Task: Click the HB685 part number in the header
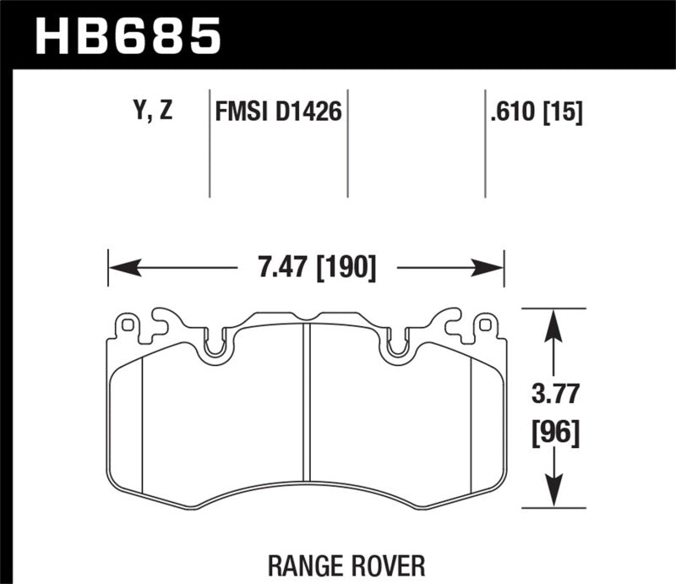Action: tap(127, 35)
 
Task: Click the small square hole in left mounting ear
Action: tap(128, 324)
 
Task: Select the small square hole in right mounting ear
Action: tap(484, 324)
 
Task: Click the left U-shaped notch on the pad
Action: tap(216, 347)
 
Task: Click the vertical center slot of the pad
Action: tap(307, 414)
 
